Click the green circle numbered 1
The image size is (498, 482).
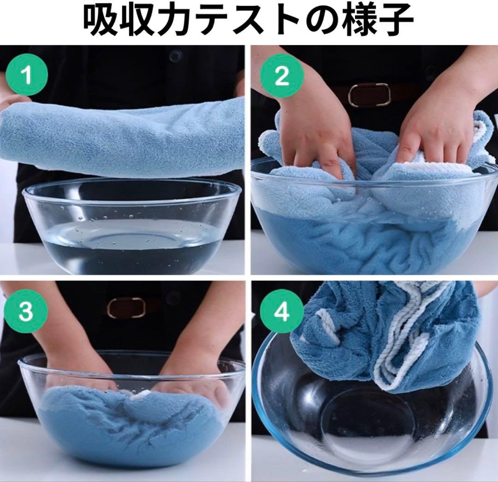click(x=27, y=75)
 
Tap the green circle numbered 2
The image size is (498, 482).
click(x=282, y=76)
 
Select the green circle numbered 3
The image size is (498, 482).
click(x=27, y=312)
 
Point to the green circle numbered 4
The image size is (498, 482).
click(x=282, y=312)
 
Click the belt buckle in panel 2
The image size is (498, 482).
click(x=369, y=94)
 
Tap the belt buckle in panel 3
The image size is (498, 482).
click(x=126, y=307)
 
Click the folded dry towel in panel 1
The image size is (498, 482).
click(x=122, y=136)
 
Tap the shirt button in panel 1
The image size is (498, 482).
click(x=174, y=56)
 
